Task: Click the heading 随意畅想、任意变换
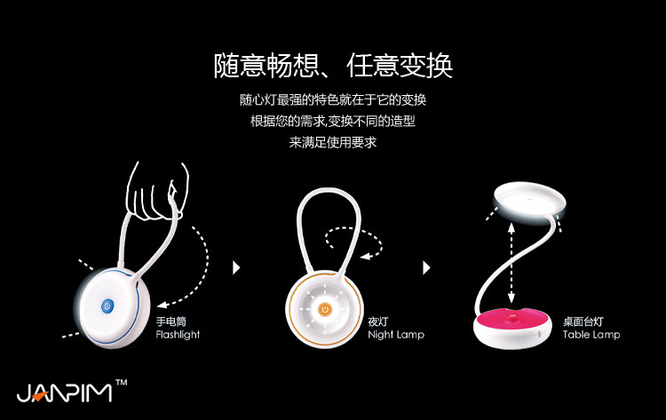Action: pyautogui.click(x=333, y=65)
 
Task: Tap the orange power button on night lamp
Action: pyautogui.click(x=325, y=309)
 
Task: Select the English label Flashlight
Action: pyautogui.click(x=178, y=335)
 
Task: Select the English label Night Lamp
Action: pyautogui.click(x=396, y=335)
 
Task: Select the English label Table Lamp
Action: pyautogui.click(x=591, y=335)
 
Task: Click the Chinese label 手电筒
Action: pyautogui.click(x=170, y=321)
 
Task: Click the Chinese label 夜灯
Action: pyautogui.click(x=378, y=321)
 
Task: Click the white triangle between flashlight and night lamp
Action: pyautogui.click(x=236, y=266)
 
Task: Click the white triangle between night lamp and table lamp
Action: pyautogui.click(x=427, y=266)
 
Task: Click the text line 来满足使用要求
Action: pyautogui.click(x=333, y=142)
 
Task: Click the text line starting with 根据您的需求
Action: pyautogui.click(x=333, y=121)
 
